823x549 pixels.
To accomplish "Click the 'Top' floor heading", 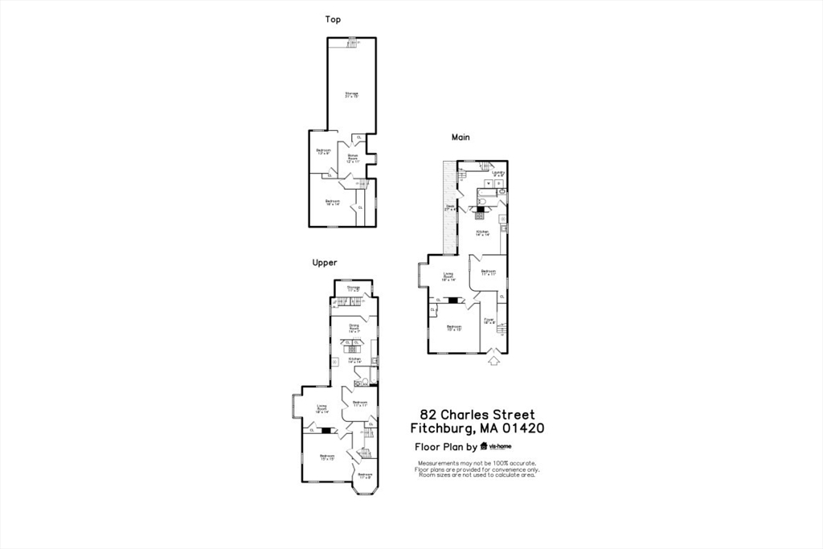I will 332,18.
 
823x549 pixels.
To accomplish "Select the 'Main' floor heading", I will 461,137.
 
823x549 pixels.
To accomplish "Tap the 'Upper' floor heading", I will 325,262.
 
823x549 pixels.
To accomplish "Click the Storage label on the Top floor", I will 351,95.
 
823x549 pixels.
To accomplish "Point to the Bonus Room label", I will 352,158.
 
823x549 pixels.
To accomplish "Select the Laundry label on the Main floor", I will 498,173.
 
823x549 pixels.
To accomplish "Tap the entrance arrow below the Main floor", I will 493,361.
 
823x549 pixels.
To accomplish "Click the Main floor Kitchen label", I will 483,233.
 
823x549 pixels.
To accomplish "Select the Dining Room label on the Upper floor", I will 354,327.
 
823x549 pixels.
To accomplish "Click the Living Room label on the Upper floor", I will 321,408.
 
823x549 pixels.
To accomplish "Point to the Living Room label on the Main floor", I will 448,277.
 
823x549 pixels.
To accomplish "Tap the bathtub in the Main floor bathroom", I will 487,193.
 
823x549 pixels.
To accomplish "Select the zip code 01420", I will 523,428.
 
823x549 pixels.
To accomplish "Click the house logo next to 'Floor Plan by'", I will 484,446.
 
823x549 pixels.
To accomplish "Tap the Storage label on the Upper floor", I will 354,289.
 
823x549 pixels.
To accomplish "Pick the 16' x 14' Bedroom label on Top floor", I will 333,203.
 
